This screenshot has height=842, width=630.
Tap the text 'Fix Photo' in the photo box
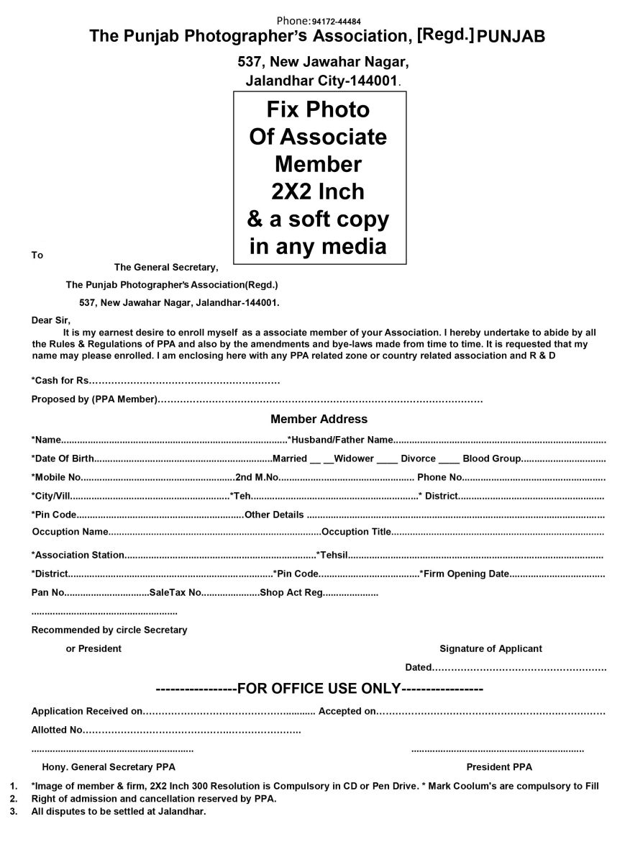coord(318,109)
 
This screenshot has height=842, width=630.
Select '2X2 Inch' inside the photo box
coord(318,191)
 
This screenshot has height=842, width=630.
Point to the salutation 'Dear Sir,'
coord(52,320)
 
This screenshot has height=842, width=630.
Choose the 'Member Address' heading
coord(319,419)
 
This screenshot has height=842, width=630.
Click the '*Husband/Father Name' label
coord(340,440)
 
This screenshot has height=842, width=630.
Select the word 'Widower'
coord(354,458)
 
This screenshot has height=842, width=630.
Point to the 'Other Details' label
coord(274,515)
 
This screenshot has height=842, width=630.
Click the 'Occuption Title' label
coord(356,532)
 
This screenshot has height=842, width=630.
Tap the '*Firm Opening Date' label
coord(465,574)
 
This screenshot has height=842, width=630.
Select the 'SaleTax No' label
coord(175,594)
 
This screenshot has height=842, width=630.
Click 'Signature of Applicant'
coord(490,648)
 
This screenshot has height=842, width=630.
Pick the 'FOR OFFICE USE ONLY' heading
coord(318,689)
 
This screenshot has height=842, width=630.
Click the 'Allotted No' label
coord(57,730)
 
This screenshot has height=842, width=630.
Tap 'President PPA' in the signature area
coord(499,767)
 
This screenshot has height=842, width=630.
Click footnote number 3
coord(13,812)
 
